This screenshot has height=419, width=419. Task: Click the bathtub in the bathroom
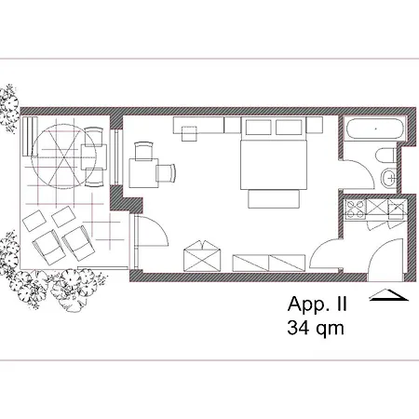tap(375, 128)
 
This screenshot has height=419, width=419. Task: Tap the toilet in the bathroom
tap(385, 155)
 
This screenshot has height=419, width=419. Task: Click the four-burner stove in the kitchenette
tap(356, 209)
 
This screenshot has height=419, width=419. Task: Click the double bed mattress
tap(274, 165)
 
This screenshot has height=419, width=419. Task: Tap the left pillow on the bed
tap(259, 128)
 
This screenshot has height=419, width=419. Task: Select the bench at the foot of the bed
tap(274, 199)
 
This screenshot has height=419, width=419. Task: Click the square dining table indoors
tap(143, 173)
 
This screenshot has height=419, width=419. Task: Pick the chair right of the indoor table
tap(166, 173)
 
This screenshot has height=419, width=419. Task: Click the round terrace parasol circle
tap(63, 156)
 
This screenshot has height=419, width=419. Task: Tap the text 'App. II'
tap(317, 304)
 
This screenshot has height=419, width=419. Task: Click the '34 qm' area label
tap(316, 328)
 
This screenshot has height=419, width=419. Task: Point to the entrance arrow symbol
tap(388, 295)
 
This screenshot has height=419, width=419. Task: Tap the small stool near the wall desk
tap(189, 134)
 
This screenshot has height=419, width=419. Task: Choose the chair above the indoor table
tap(143, 151)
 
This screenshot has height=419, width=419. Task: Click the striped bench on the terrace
tap(30, 136)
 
